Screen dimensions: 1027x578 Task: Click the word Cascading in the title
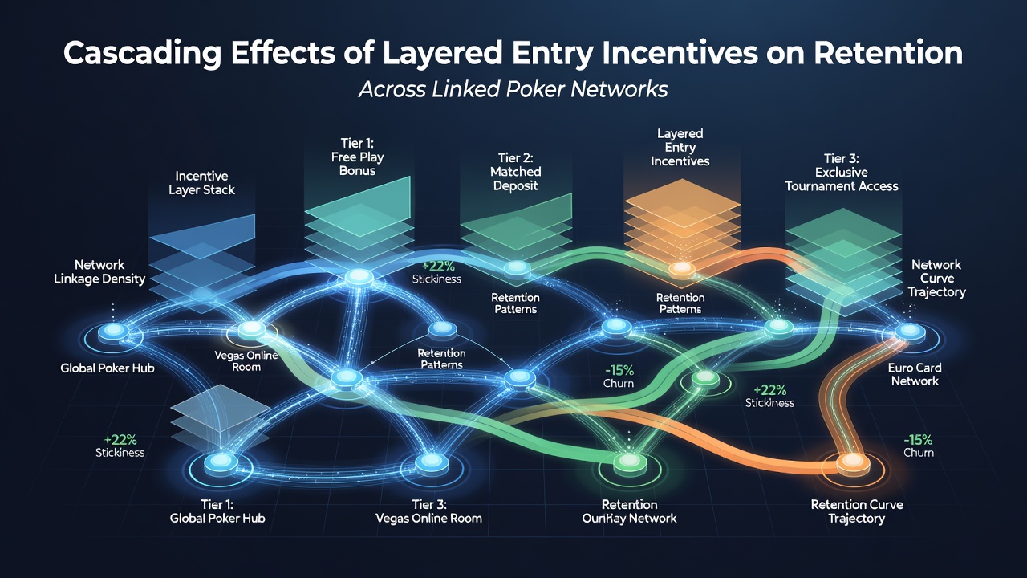[x=143, y=54]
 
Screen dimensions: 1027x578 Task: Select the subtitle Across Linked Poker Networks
[x=513, y=89]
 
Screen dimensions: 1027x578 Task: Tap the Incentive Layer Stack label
[x=201, y=183]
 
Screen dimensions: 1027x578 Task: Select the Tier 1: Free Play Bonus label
[x=358, y=157]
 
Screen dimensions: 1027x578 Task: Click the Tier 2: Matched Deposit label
[x=516, y=172]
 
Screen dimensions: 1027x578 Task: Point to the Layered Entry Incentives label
[x=680, y=147]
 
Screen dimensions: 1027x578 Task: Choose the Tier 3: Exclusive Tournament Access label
[x=842, y=173]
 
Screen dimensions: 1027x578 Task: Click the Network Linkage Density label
[x=99, y=271]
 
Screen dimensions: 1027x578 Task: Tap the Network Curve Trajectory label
[x=936, y=278]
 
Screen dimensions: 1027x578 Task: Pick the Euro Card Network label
[x=915, y=374]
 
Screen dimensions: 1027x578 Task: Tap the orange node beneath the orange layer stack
[x=682, y=269]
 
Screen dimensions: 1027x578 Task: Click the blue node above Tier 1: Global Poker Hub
[x=221, y=462]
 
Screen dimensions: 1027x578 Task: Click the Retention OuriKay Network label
[x=630, y=511]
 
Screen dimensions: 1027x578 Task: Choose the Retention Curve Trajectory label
[x=857, y=511]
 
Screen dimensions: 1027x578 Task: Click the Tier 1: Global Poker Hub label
[x=217, y=511]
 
